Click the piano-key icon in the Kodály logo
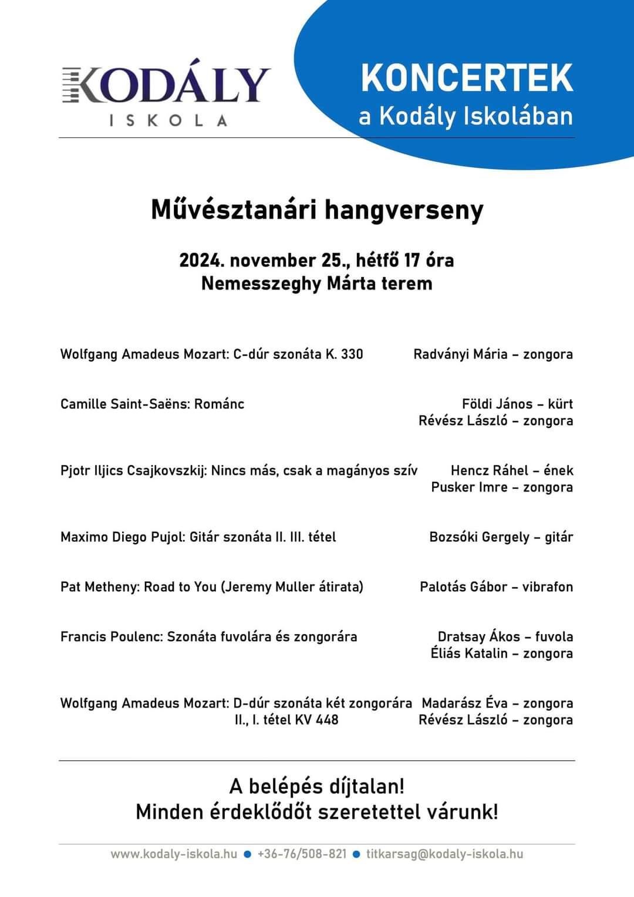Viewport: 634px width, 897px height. (72, 85)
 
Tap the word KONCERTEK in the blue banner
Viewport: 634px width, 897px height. (467, 77)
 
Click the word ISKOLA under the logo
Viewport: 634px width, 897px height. (168, 120)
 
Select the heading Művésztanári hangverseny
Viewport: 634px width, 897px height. (317, 210)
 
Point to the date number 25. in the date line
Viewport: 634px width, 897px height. (335, 260)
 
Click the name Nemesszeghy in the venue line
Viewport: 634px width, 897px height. (261, 284)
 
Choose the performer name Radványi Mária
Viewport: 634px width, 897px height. (460, 354)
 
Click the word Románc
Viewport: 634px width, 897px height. (219, 404)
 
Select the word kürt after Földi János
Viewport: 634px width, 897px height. (560, 404)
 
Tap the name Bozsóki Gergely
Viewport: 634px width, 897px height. (479, 537)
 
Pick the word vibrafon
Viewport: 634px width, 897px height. (547, 587)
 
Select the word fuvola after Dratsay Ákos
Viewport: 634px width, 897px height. (554, 637)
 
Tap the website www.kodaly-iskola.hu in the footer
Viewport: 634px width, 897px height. (174, 854)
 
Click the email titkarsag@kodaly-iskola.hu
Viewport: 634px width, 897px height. (444, 854)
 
